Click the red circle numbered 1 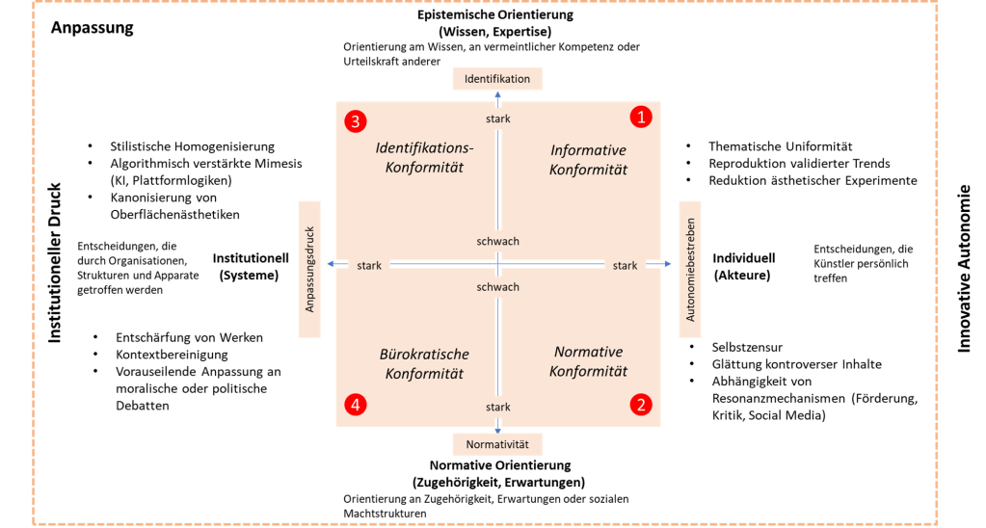641,117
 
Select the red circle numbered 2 639,405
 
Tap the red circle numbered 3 356,121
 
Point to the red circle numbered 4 356,406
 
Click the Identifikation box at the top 497,78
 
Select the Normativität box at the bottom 497,444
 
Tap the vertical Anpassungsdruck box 309,269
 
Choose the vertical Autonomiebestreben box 688,269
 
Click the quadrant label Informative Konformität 588,160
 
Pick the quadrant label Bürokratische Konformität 425,363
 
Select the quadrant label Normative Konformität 588,361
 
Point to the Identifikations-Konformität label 425,158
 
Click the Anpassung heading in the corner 92,28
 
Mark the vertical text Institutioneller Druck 55,262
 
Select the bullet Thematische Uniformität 780,145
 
